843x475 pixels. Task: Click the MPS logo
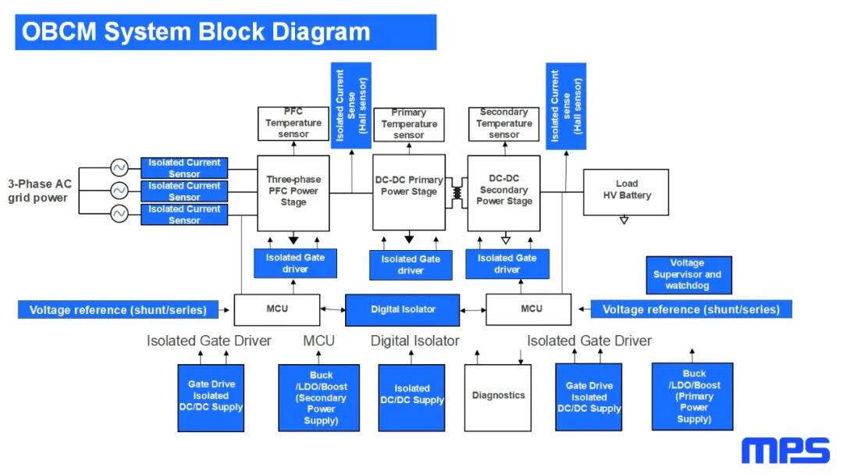785,450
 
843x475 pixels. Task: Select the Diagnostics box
498,398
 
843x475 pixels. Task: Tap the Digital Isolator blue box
402,310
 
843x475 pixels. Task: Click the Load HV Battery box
626,192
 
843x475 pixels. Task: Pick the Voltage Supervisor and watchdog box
688,275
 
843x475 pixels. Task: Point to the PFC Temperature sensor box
293,123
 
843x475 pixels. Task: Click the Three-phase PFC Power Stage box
293,193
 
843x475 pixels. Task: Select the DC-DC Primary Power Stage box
409,192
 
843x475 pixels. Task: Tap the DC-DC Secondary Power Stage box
503,193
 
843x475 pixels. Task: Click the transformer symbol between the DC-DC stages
457,193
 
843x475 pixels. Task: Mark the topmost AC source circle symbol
119,168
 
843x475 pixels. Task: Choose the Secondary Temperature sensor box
503,123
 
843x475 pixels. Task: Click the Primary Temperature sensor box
408,124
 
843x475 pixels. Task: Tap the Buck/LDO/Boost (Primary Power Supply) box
692,396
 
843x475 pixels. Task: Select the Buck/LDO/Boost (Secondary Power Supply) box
318,398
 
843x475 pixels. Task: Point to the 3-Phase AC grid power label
39,191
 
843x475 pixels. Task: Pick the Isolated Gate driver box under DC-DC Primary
411,265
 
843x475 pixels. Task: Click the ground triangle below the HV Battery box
624,220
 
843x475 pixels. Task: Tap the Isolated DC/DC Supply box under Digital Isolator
412,398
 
